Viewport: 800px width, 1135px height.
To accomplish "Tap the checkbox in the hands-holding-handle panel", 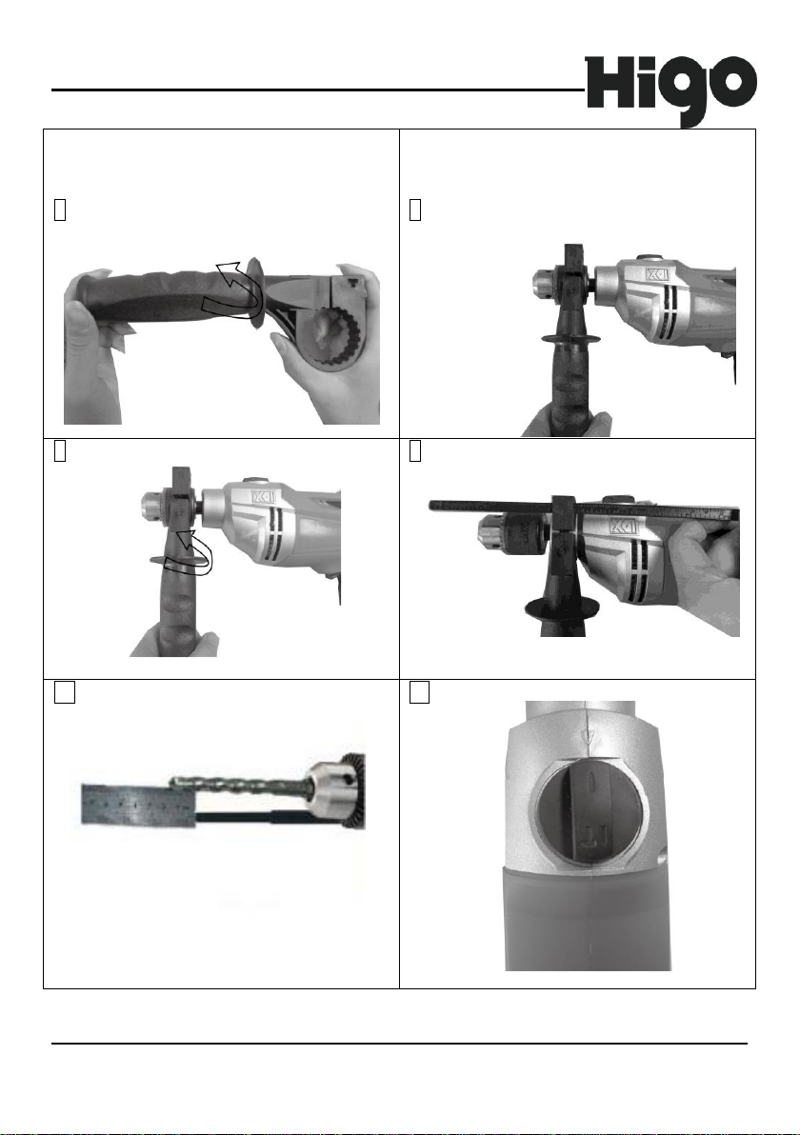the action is click(x=60, y=209).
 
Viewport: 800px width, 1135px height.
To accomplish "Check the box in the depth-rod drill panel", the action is click(x=415, y=451).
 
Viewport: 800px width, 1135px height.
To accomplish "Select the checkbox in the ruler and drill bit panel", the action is click(x=65, y=693).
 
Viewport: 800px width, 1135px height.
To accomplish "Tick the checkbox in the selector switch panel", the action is click(x=419, y=693).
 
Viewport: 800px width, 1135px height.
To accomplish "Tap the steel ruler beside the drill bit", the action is click(x=137, y=805).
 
